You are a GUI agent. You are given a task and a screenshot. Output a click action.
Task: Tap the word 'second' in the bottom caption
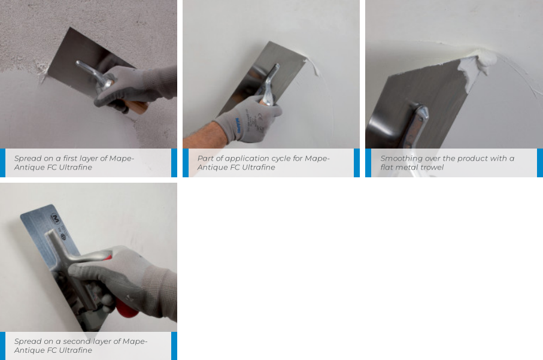[77, 341]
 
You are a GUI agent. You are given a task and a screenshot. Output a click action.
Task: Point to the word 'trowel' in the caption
[432, 167]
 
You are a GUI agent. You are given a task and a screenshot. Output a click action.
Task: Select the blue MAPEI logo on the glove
[238, 125]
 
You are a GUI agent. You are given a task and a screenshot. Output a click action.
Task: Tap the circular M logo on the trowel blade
[56, 219]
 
